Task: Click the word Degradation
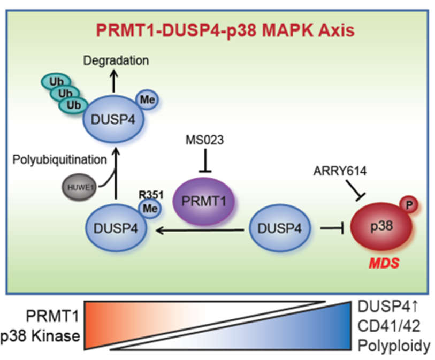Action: [x=116, y=61]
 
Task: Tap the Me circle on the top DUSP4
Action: [x=146, y=100]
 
